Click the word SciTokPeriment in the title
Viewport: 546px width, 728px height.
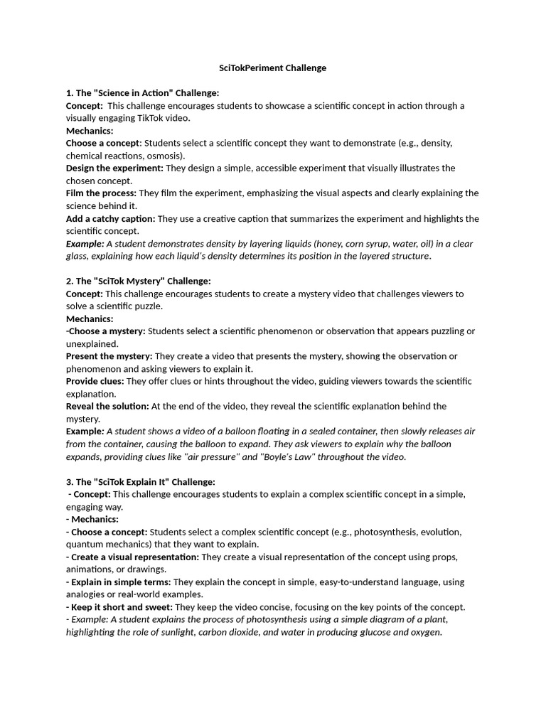(251, 68)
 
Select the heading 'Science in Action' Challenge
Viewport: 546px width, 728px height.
(142, 93)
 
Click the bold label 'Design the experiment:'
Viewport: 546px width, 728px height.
(114, 168)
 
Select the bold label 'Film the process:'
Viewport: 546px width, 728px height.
(102, 193)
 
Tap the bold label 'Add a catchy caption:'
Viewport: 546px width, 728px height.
(111, 219)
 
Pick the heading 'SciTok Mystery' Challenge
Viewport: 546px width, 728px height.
(139, 281)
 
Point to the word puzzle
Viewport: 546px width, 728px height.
(147, 306)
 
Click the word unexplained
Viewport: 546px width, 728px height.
(92, 344)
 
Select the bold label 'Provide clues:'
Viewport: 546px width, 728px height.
(95, 382)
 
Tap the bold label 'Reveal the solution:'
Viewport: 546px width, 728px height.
(107, 407)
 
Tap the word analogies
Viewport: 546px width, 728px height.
(87, 594)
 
